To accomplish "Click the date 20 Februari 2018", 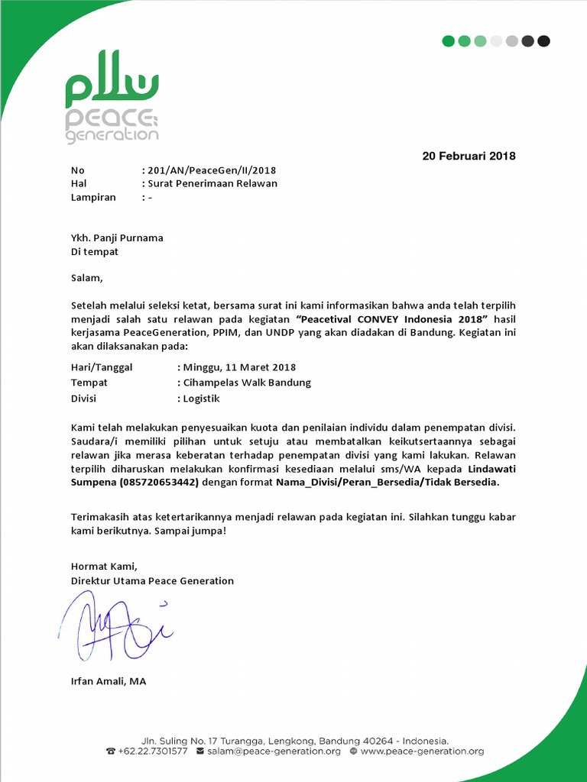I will pos(469,157).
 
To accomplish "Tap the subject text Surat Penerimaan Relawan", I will pos(212,184).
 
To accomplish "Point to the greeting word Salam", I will pos(85,279).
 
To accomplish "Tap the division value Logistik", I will pos(201,399).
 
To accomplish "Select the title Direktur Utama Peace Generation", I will pos(152,581).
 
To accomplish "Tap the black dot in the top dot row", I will pos(543,41).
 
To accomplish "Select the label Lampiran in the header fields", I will pos(93,198).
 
